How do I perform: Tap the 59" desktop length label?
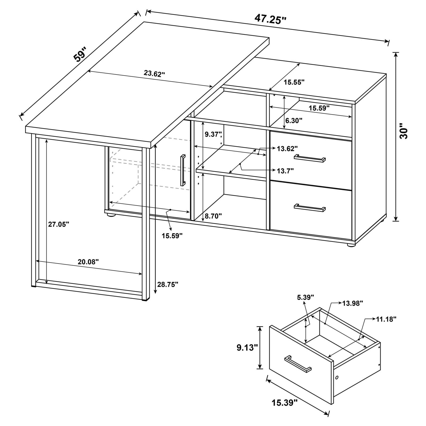pyautogui.click(x=80, y=55)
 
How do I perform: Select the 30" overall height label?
pyautogui.click(x=404, y=131)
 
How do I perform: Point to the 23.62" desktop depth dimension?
pyautogui.click(x=154, y=73)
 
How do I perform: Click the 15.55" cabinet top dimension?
pyautogui.click(x=294, y=82)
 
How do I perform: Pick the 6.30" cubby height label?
pyautogui.click(x=294, y=121)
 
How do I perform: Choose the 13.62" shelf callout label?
pyautogui.click(x=287, y=148)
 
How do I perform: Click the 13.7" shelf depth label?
pyautogui.click(x=285, y=171)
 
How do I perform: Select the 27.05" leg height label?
pyautogui.click(x=59, y=224)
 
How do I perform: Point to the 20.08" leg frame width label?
pyautogui.click(x=88, y=262)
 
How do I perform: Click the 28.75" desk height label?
pyautogui.click(x=168, y=285)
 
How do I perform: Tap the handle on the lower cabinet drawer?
pyautogui.click(x=310, y=208)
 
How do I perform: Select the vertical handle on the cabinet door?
pyautogui.click(x=183, y=170)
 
